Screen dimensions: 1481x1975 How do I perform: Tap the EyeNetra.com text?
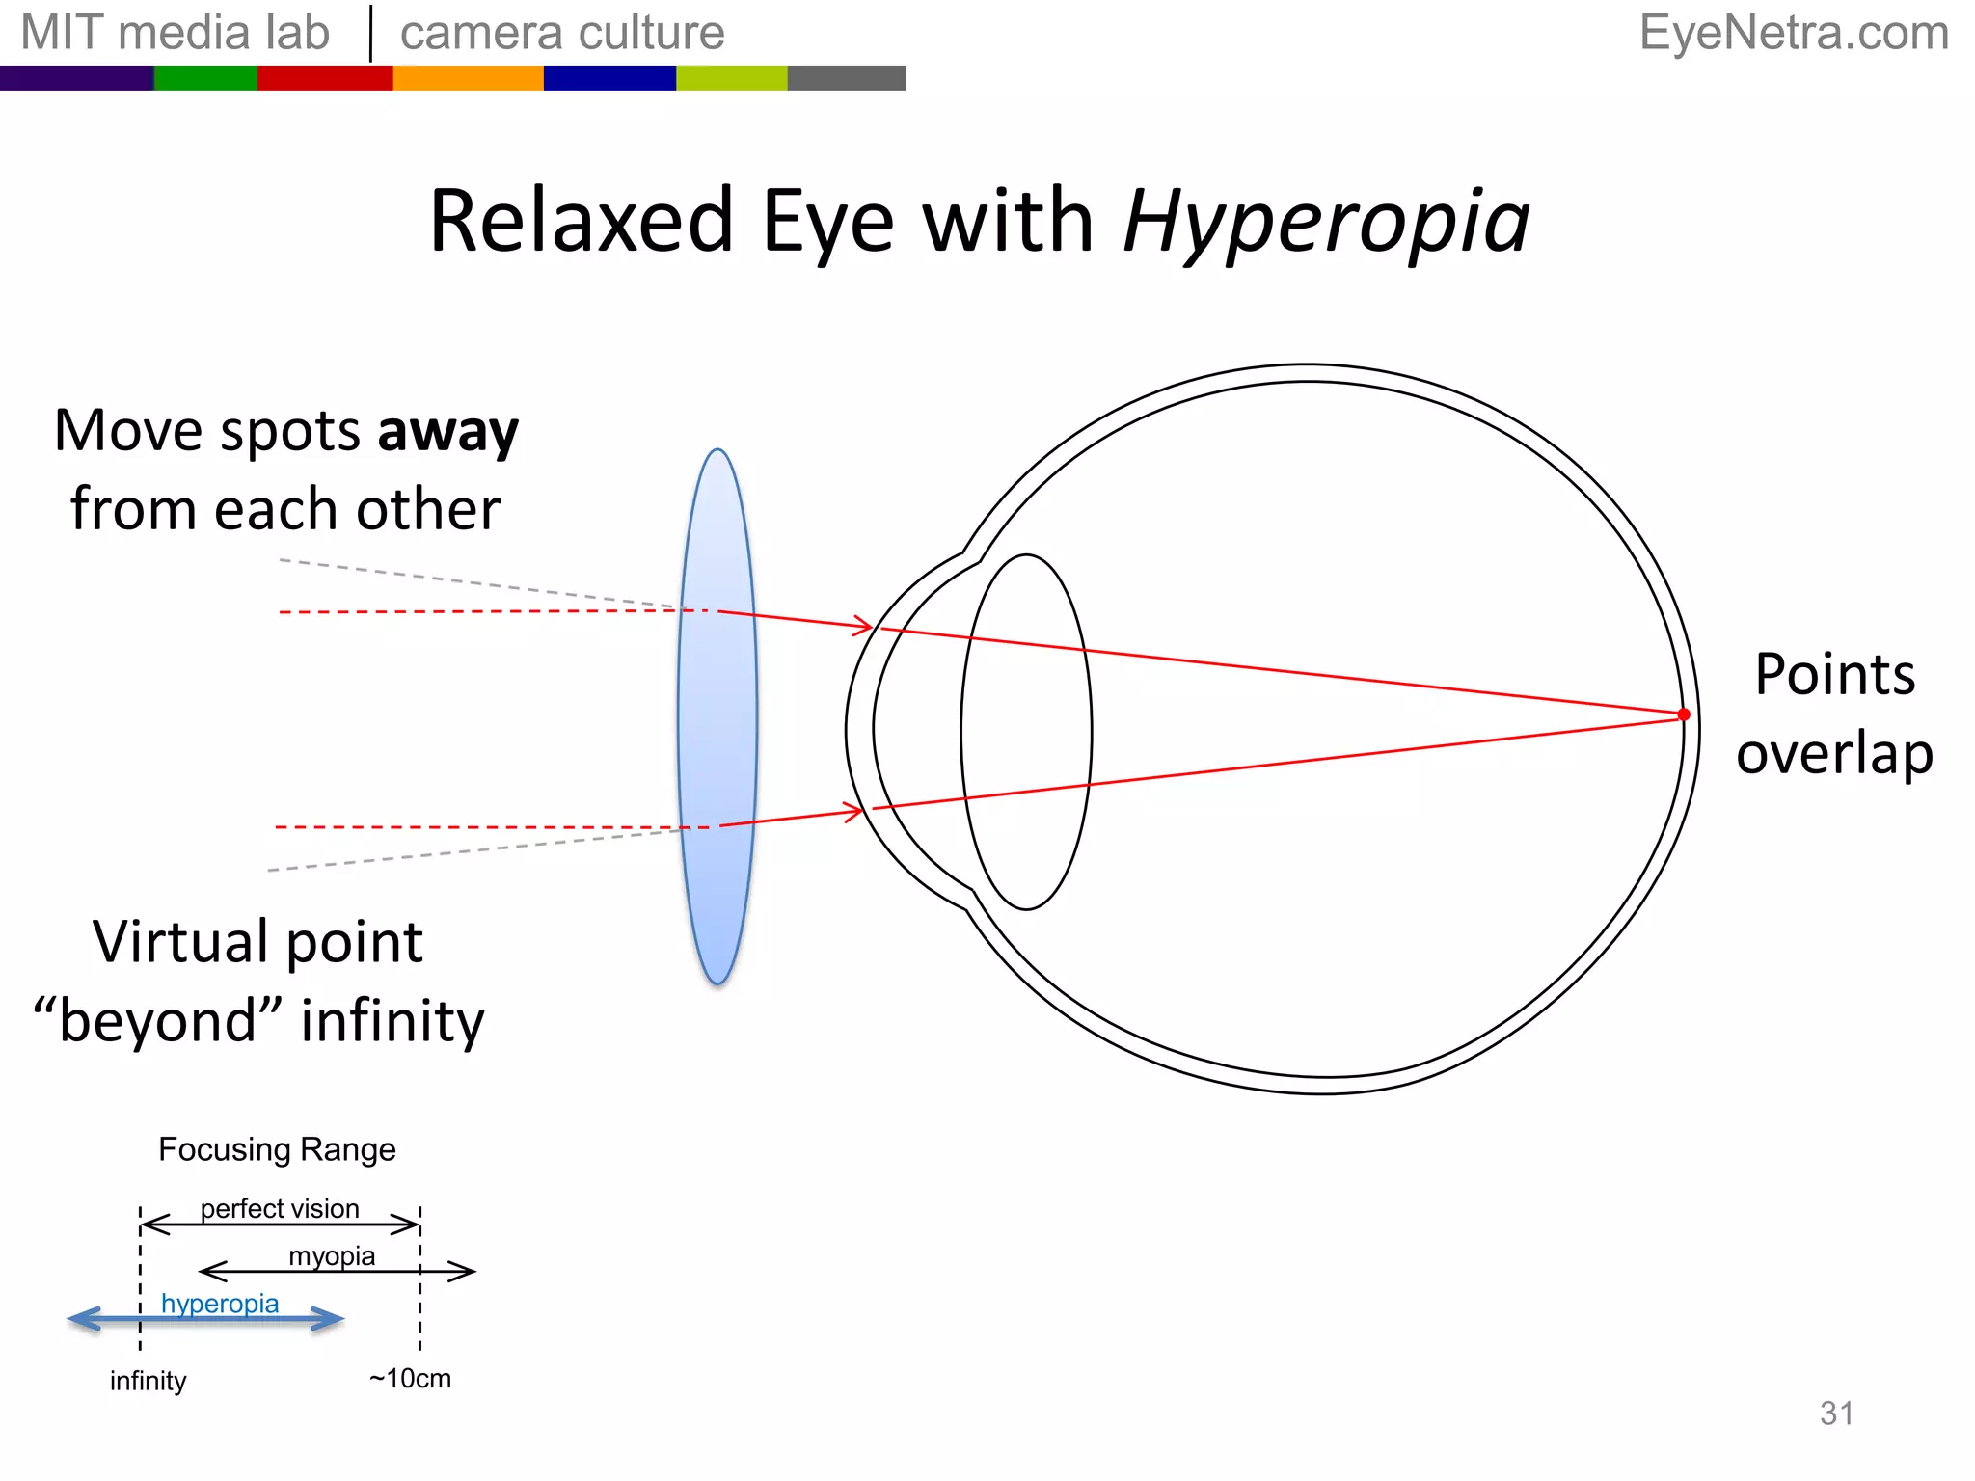pos(1793,33)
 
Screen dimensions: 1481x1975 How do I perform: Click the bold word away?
pos(447,431)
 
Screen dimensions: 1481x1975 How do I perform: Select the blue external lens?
pos(717,715)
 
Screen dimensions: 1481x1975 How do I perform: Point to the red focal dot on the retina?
pos(1683,714)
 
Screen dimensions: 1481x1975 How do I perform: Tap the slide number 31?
pos(1836,1413)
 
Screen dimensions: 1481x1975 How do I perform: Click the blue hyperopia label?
pos(220,1304)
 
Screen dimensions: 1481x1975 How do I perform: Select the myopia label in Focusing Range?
pos(332,1255)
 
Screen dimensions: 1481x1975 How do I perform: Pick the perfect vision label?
pos(280,1208)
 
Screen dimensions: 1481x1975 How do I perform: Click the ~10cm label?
pos(410,1378)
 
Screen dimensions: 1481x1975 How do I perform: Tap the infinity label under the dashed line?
pos(148,1381)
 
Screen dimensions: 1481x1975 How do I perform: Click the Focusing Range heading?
pos(277,1149)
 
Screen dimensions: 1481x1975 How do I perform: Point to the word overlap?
pos(1834,753)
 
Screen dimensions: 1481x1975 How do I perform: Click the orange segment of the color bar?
pos(468,78)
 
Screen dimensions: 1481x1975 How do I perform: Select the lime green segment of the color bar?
pos(731,78)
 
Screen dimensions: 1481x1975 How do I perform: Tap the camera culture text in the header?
pos(562,33)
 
